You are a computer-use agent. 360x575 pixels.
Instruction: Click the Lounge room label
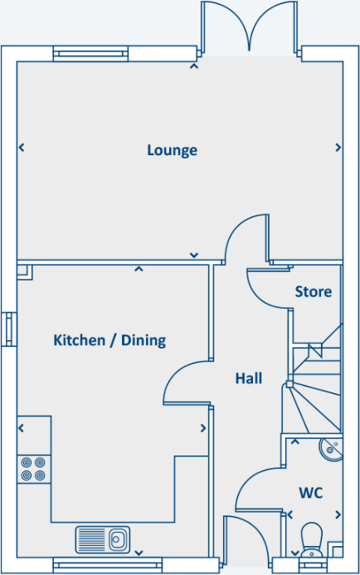point(172,150)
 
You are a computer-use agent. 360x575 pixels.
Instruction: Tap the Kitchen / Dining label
point(109,340)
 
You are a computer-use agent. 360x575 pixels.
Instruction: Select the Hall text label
point(248,378)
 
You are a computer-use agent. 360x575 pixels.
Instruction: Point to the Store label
point(314,292)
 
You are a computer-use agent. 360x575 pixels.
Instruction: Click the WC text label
point(310,493)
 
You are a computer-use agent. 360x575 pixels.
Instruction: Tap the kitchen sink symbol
point(104,538)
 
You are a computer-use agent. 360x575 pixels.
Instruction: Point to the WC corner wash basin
point(331,449)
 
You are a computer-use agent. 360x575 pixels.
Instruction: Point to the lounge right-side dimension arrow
point(338,148)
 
